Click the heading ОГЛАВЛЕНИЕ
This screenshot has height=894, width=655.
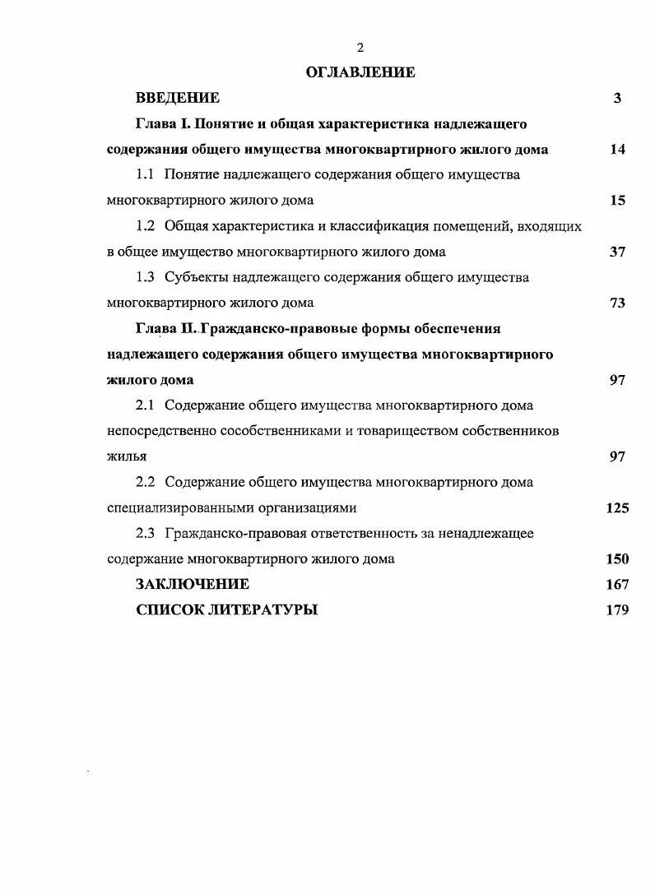pos(360,72)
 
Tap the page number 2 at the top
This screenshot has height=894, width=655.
pos(360,48)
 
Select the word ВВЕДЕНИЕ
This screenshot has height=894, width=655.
pos(178,98)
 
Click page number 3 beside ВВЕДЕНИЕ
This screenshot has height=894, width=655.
pos(617,98)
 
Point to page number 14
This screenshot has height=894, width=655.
pos(617,149)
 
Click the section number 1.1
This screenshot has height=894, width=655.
pos(146,174)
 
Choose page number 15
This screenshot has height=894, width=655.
pos(617,200)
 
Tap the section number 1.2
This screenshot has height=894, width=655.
pos(146,225)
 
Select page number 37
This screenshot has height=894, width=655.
pos(617,252)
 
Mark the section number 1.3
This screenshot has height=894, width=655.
pos(146,277)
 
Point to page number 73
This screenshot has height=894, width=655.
pos(617,303)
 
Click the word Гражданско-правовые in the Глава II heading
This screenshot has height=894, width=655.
pos(272,328)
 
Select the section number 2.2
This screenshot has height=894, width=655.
pos(146,482)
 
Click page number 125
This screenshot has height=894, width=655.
pos(617,507)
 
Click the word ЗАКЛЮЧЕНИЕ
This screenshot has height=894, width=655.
pos(193,584)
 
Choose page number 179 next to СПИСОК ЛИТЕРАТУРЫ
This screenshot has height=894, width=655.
pos(617,609)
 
